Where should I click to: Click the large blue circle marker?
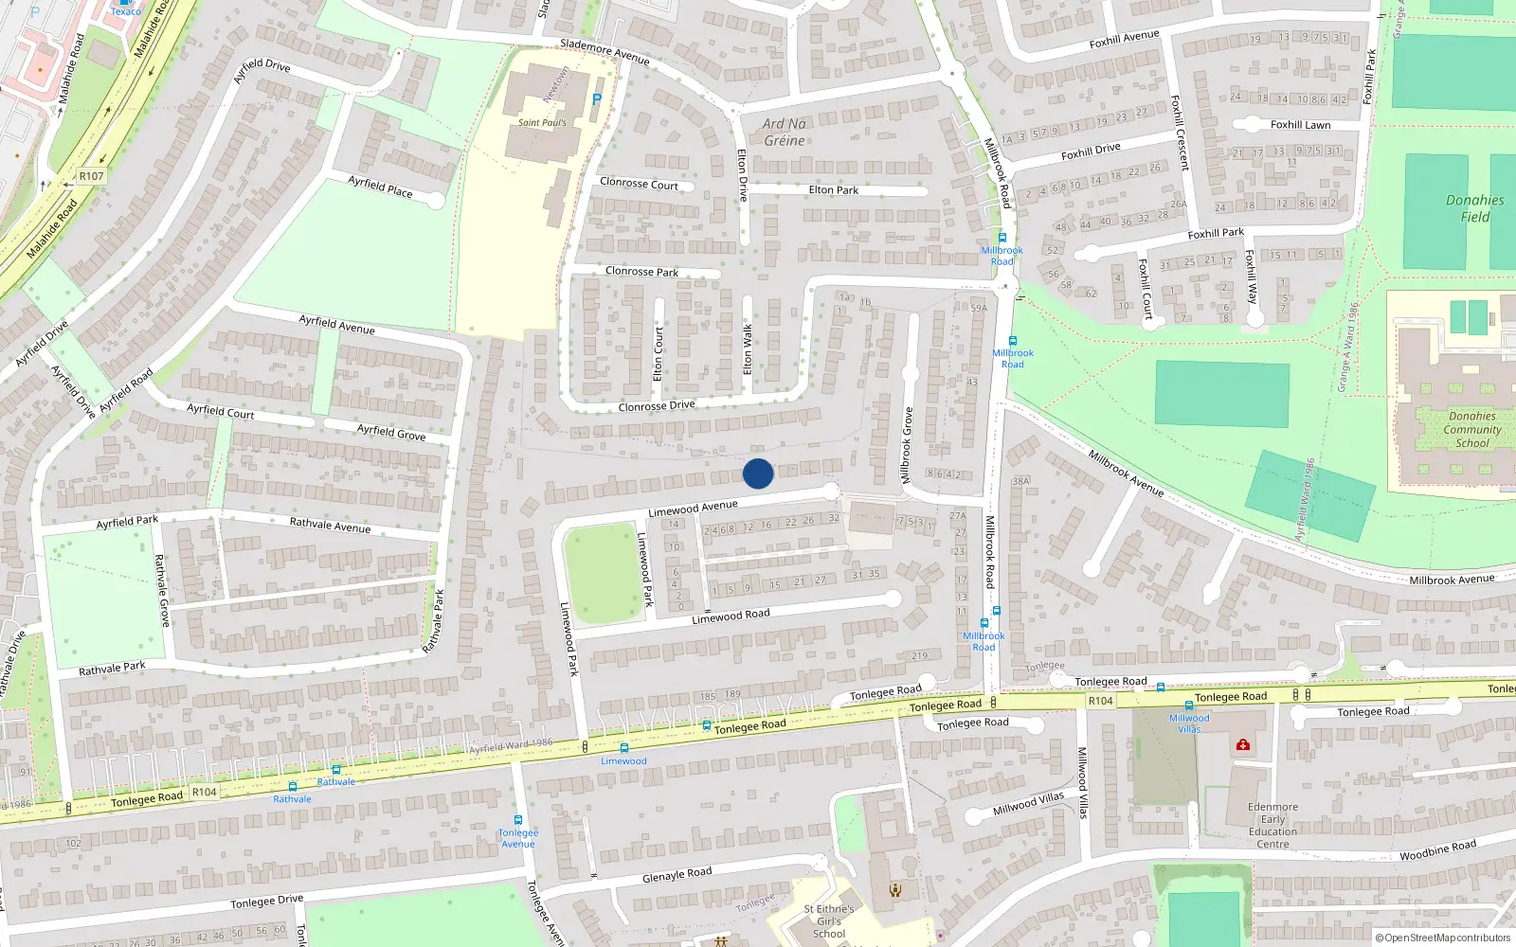coord(758,473)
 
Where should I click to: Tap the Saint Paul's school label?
coord(542,123)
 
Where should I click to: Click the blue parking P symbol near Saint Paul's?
coord(596,98)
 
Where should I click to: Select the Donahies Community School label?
coord(1471,429)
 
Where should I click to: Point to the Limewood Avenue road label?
coord(693,509)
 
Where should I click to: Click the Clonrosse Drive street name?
coord(657,406)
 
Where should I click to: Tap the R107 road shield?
coord(92,176)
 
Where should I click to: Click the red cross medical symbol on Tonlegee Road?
coord(1242,745)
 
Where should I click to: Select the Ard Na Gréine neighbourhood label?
coord(785,132)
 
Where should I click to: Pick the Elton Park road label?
coord(834,190)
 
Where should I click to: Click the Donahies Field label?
coord(1474,208)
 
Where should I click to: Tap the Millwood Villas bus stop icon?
coord(1189,706)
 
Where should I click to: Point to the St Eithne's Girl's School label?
coord(829,920)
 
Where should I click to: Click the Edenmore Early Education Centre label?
coord(1272,826)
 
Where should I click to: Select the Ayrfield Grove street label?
coord(391,432)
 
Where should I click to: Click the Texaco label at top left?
coord(126,11)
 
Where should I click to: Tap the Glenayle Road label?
coord(677,874)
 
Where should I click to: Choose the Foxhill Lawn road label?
coord(1300,125)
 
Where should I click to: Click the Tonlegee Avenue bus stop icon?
coord(518,820)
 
